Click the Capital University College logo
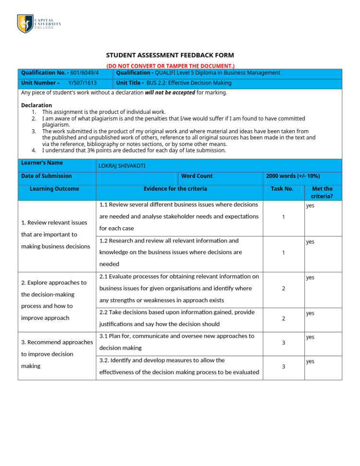tap(39, 24)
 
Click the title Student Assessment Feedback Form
tap(170, 55)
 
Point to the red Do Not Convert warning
tap(170, 65)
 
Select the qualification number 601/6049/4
tap(84, 73)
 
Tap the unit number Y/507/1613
tap(82, 83)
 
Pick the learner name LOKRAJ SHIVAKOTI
tap(121, 166)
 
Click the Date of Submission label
tap(47, 176)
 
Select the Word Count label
tap(197, 176)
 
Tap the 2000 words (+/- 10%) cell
tap(293, 176)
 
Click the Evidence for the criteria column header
tap(175, 189)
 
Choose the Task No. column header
tap(282, 189)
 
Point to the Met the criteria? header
tap(322, 192)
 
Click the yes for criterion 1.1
tap(310, 206)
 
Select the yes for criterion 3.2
tap(310, 361)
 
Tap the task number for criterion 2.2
tap(283, 319)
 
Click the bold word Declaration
tap(36, 105)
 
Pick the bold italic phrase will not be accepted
tap(170, 93)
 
